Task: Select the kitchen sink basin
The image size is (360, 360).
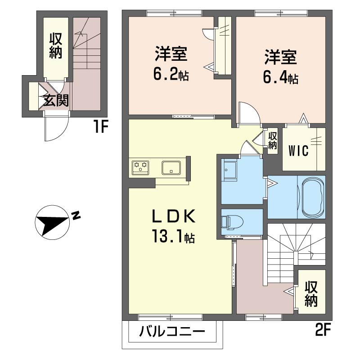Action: coord(171,167)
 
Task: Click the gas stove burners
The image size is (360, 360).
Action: coord(140,167)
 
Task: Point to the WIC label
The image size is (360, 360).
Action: coord(298,151)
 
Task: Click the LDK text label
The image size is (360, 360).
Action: coord(174,216)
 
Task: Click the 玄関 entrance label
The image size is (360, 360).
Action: coord(56,100)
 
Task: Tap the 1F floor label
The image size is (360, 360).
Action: coord(101,127)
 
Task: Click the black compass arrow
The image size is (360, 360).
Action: coord(52,221)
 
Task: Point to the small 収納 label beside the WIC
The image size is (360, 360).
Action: coord(273,141)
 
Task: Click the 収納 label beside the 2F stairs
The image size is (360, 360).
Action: coord(311,294)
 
